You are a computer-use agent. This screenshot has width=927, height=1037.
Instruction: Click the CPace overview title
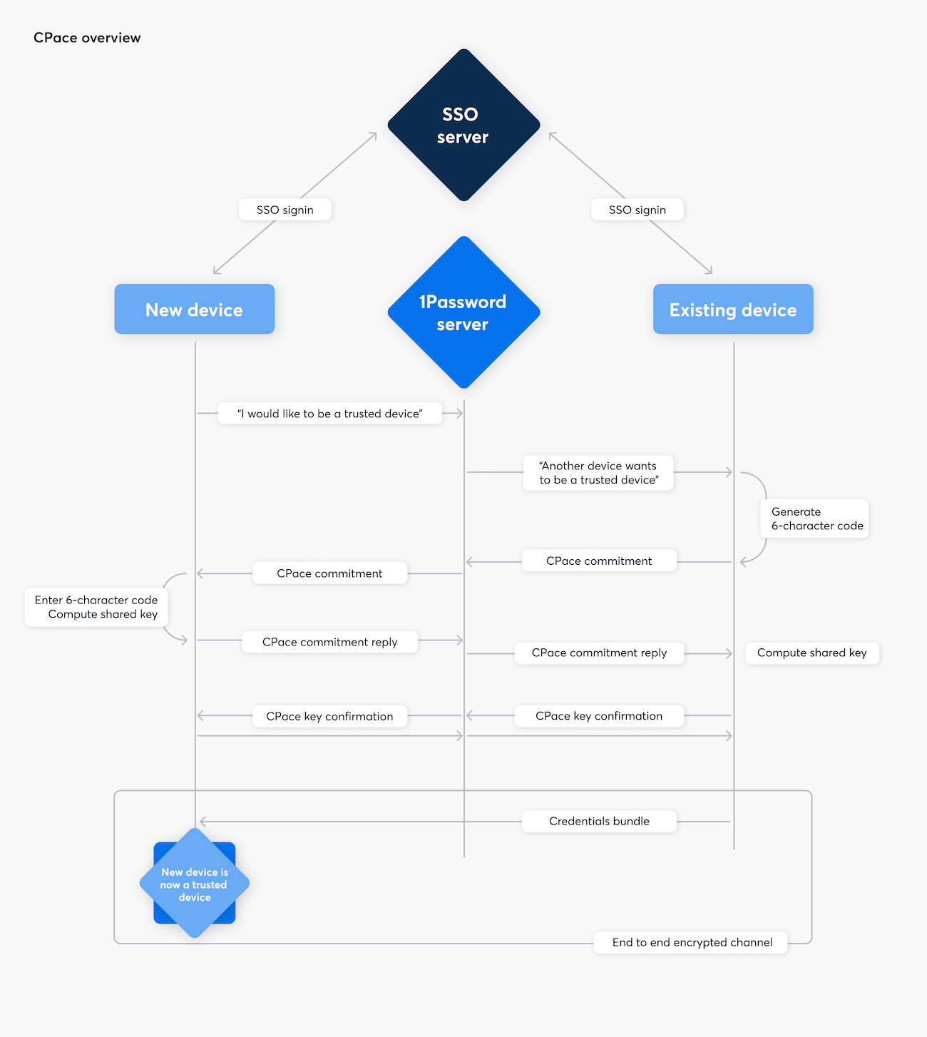(x=87, y=38)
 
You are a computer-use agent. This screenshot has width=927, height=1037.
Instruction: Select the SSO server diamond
(x=463, y=126)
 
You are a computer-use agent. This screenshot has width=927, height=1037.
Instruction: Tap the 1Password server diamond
(x=463, y=312)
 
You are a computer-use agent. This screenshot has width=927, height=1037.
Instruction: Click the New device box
(x=194, y=310)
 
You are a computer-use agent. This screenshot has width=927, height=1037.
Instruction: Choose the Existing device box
(x=733, y=310)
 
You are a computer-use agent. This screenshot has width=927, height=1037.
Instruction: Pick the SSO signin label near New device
(x=285, y=210)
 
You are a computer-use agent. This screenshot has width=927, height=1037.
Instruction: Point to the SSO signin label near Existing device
(x=637, y=210)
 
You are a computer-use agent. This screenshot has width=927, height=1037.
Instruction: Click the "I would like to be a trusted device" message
(x=329, y=414)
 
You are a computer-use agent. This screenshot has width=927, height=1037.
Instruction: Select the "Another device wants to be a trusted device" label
(x=598, y=473)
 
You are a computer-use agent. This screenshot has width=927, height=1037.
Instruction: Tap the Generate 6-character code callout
(x=815, y=518)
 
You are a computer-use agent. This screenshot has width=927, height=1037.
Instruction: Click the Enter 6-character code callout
(x=96, y=607)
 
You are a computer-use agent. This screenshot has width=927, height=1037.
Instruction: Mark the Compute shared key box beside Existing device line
(x=811, y=653)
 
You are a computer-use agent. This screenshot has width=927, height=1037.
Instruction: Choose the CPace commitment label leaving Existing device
(x=599, y=561)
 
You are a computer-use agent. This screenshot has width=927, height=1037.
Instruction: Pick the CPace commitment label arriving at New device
(x=329, y=573)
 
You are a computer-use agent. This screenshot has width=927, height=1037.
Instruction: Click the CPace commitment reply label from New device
(x=329, y=642)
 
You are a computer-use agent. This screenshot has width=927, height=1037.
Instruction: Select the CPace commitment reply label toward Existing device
(x=599, y=653)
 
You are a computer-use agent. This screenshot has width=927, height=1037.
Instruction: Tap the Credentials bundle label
(x=599, y=821)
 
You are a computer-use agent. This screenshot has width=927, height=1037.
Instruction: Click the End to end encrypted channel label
(x=692, y=942)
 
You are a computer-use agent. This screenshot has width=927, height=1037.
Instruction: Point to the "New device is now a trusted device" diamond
(x=195, y=884)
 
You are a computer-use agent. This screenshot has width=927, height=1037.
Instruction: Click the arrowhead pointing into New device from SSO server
(x=215, y=272)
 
